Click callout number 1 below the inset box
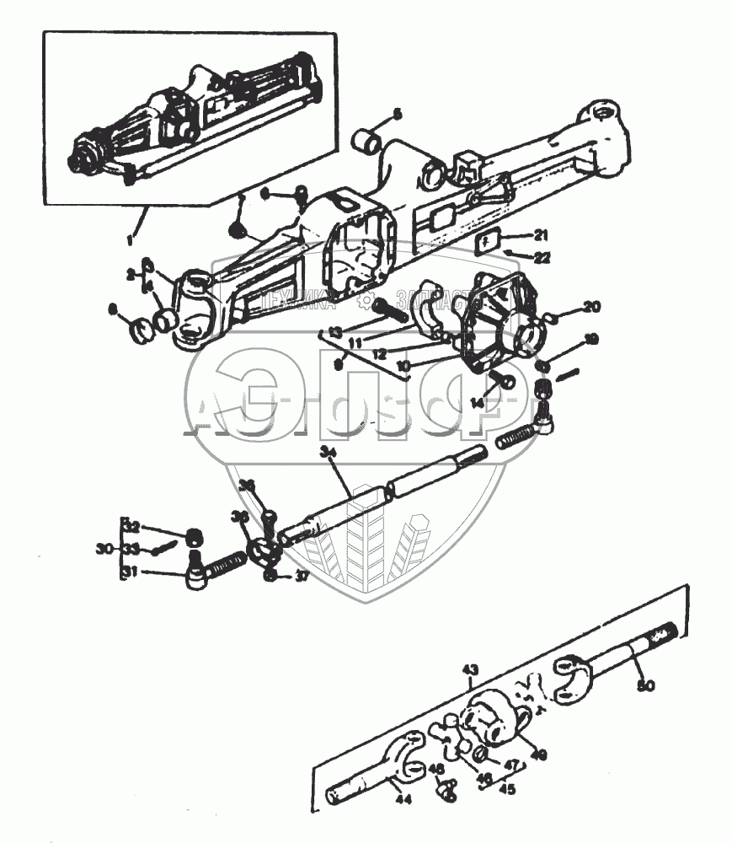131,240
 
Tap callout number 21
540,235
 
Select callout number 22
542,258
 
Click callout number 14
478,404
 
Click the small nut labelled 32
194,535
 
